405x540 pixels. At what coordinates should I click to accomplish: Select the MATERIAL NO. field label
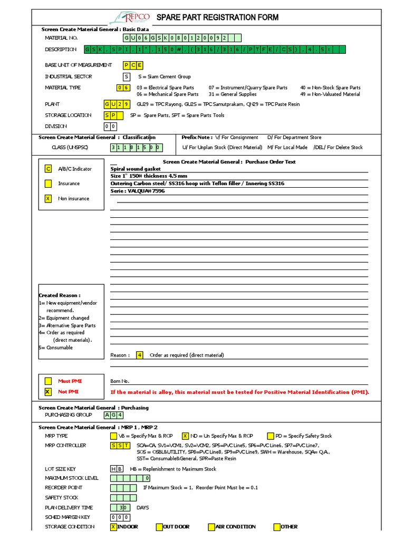tap(61, 38)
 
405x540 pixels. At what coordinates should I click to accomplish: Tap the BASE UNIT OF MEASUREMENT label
tap(78, 65)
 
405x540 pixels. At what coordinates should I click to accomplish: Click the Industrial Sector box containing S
tap(127, 76)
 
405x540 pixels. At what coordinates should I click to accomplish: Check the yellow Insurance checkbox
tap(48, 184)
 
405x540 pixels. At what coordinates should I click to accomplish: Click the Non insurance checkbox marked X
tap(48, 198)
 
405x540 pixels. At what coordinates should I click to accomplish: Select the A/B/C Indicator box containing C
tap(48, 169)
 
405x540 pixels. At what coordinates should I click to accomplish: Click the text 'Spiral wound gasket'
tap(136, 169)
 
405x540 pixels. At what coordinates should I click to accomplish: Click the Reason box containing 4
tap(139, 355)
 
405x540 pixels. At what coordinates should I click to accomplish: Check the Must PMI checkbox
tap(48, 381)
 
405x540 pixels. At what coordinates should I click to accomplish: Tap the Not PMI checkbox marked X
tap(48, 392)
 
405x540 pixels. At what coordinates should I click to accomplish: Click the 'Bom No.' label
tap(120, 381)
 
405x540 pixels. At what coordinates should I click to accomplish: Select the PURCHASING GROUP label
tap(69, 415)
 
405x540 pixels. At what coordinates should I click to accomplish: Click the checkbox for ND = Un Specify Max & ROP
tap(185, 436)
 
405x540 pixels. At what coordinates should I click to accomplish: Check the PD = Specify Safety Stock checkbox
tap(271, 436)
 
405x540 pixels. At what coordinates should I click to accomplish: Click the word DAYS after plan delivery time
tap(142, 507)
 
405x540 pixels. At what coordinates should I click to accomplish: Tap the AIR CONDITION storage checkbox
tap(211, 527)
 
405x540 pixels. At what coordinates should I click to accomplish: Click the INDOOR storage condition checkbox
tap(113, 527)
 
